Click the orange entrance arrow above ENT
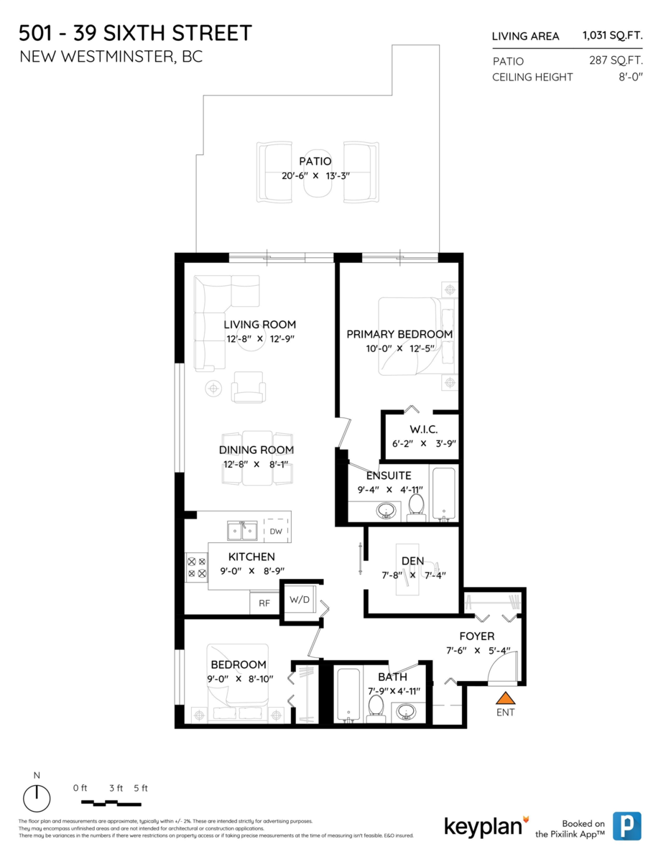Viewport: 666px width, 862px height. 505,698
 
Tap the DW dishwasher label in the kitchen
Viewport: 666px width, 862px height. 276,531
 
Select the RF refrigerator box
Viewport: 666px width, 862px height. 264,603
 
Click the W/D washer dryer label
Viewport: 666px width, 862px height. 300,599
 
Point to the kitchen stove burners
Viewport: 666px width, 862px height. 197,567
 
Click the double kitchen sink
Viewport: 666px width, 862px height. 242,531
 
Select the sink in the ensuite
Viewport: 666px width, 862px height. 386,511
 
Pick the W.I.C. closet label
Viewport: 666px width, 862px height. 424,430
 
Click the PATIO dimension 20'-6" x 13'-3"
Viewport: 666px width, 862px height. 315,176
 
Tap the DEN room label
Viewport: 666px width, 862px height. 412,561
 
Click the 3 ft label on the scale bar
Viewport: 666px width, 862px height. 116,788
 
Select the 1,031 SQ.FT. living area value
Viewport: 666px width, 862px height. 612,36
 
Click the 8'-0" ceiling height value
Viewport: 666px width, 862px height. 631,77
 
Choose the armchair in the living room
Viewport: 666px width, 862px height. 249,387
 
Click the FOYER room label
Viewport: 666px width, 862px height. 477,636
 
